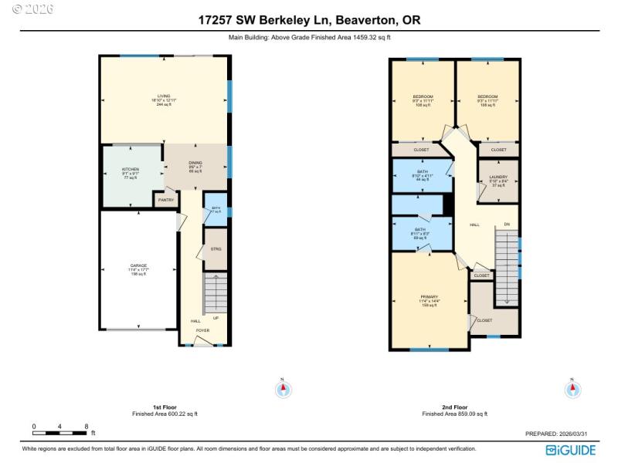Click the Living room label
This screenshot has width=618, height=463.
[x=164, y=96]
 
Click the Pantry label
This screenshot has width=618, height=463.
[x=165, y=200]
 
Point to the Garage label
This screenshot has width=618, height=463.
[x=138, y=266]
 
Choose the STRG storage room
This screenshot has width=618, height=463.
[x=216, y=249]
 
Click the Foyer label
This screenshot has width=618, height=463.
[x=202, y=330]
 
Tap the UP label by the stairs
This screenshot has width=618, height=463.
[x=216, y=318]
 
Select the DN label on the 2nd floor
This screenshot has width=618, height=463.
[x=507, y=225]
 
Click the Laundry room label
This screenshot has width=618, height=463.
[x=497, y=177]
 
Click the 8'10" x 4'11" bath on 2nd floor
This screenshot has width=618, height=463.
[x=422, y=172]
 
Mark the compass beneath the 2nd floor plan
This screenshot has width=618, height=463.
[x=572, y=390]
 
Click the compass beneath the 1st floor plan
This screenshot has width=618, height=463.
[x=283, y=390]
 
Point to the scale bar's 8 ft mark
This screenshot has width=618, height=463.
[x=86, y=426]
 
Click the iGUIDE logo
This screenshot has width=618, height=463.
[x=572, y=450]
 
